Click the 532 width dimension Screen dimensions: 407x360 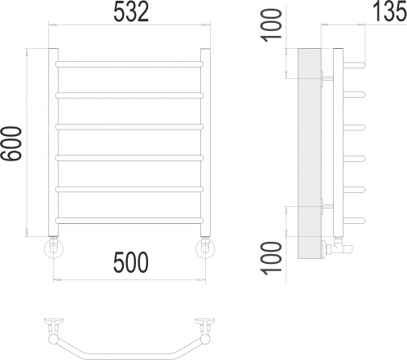(x=131, y=12)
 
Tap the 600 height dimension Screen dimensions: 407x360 (x=11, y=143)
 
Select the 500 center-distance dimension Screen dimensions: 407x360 (x=131, y=262)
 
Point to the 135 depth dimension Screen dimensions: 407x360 (x=390, y=11)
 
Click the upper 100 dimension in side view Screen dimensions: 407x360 (x=271, y=25)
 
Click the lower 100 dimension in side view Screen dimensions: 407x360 (x=271, y=258)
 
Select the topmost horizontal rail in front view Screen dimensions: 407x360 (x=129, y=64)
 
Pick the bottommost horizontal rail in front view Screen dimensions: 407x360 (x=129, y=221)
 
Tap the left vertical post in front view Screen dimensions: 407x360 (x=53, y=143)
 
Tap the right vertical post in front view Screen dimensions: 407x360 (x=205, y=143)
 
